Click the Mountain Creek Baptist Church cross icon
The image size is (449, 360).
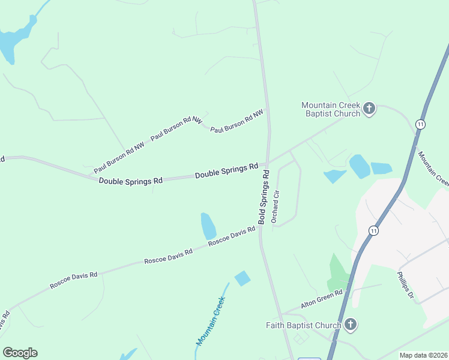pyautogui.click(x=369, y=109)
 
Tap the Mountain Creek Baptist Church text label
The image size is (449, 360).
pyautogui.click(x=331, y=109)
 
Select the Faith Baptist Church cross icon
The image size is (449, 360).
pyautogui.click(x=351, y=325)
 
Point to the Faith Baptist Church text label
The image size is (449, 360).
pyautogui.click(x=304, y=326)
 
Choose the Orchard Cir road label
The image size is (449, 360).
pyautogui.click(x=276, y=207)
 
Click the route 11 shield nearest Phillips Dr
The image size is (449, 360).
pyautogui.click(x=373, y=230)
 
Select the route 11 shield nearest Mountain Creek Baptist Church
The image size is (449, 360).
pyautogui.click(x=421, y=124)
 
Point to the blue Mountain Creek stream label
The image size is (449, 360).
pyautogui.click(x=211, y=321)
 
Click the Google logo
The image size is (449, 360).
pyautogui.click(x=20, y=353)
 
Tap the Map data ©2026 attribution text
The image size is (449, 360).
pyautogui.click(x=423, y=355)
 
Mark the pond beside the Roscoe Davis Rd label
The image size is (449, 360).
pyautogui.click(x=208, y=226)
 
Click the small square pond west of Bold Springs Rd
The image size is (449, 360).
pyautogui.click(x=243, y=278)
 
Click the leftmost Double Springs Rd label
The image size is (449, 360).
pyautogui.click(x=131, y=180)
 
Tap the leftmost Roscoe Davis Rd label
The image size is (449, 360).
pyautogui.click(x=73, y=280)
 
